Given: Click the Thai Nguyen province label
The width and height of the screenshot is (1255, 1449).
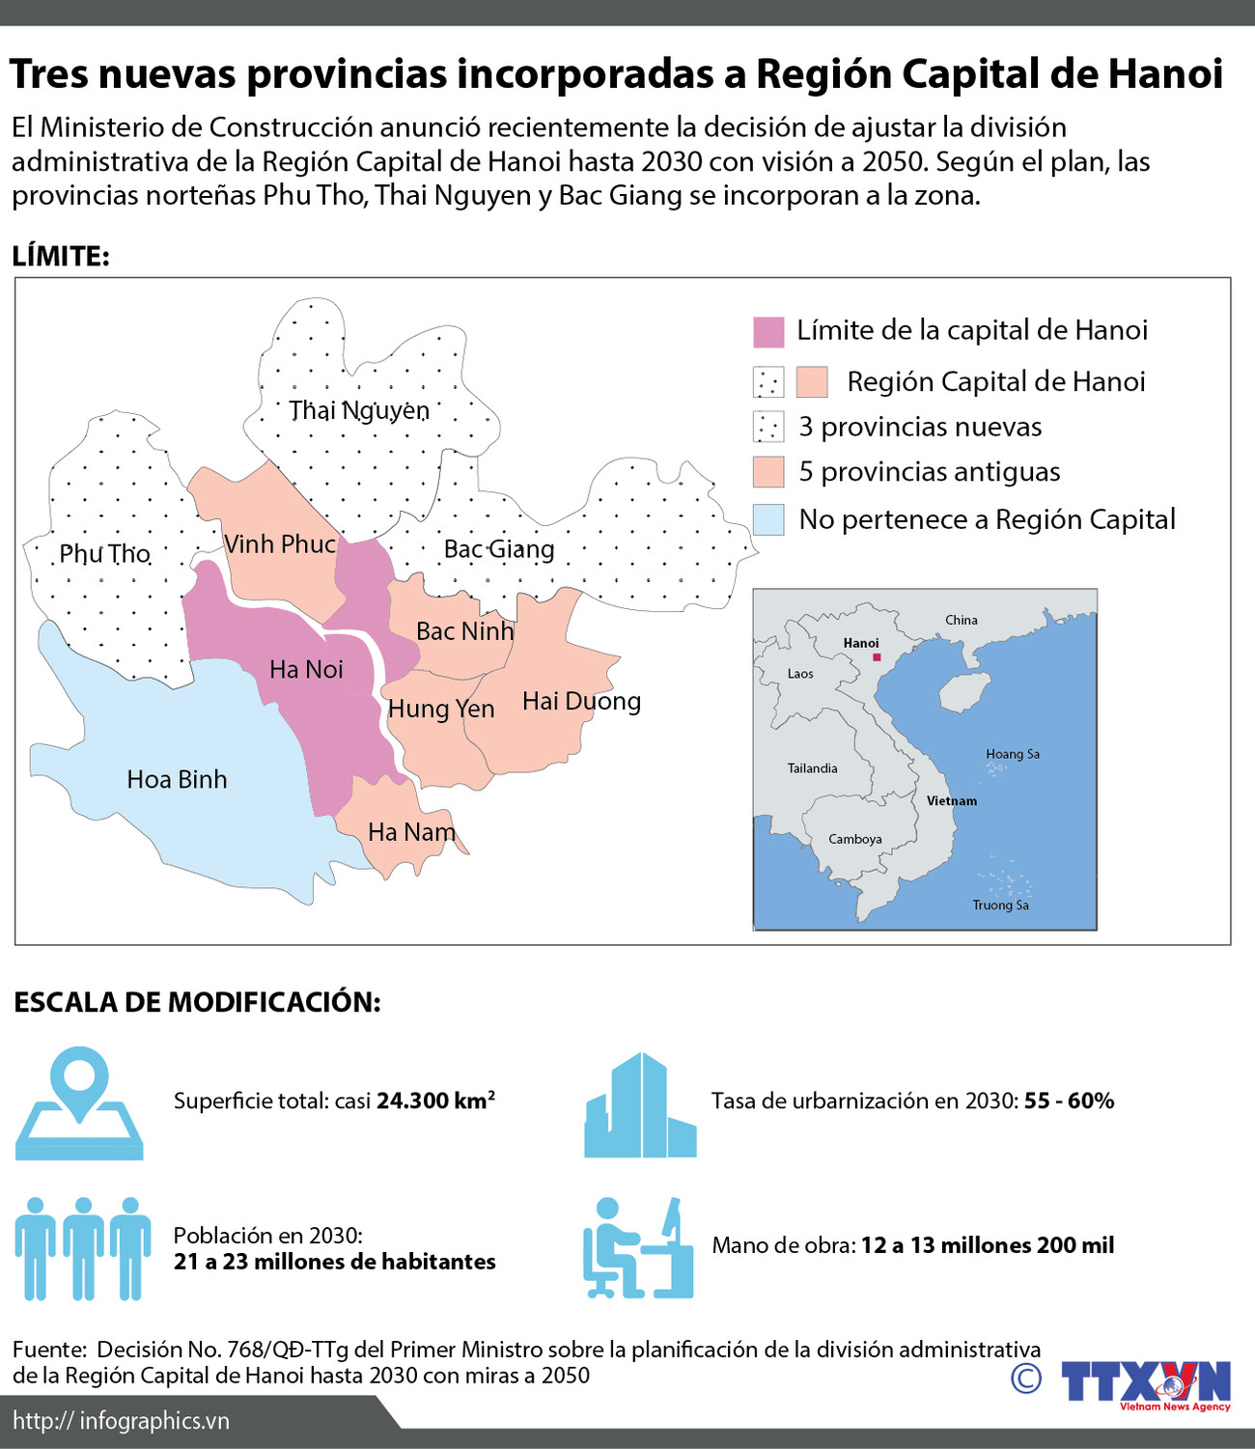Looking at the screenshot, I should coord(359,410).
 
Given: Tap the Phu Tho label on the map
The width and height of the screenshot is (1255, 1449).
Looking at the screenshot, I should coord(104,553).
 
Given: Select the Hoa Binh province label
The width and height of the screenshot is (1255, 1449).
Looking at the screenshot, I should coord(177,779).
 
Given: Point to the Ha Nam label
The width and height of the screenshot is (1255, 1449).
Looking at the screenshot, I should coord(411,831).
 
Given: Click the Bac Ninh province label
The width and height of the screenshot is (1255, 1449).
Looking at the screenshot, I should coord(464,631).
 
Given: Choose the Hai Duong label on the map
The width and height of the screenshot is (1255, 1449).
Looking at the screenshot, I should coord(581,701).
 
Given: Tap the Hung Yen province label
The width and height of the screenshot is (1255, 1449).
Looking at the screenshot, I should coord(441,709).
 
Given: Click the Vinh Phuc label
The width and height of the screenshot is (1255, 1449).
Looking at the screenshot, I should coord(280,544).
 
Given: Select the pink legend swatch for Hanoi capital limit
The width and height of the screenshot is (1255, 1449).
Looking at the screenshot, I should coord(768,331).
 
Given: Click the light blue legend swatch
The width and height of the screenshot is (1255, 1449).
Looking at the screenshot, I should coord(768,520).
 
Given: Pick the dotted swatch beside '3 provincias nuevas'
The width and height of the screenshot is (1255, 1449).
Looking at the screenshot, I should coord(768,427).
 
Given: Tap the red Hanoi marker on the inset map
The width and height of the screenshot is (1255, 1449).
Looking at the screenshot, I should coord(877,657).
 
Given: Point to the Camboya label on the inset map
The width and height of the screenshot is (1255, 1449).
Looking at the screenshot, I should coord(855,839).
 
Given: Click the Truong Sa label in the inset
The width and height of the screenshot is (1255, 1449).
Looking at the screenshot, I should coord(1000,905).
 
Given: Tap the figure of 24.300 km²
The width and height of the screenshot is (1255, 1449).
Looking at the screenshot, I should coord(435,1101).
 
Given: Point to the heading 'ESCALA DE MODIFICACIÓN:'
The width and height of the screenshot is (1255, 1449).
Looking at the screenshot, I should coord(197,1002).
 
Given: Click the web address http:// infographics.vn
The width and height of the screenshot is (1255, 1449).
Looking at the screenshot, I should coord(122,1420).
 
